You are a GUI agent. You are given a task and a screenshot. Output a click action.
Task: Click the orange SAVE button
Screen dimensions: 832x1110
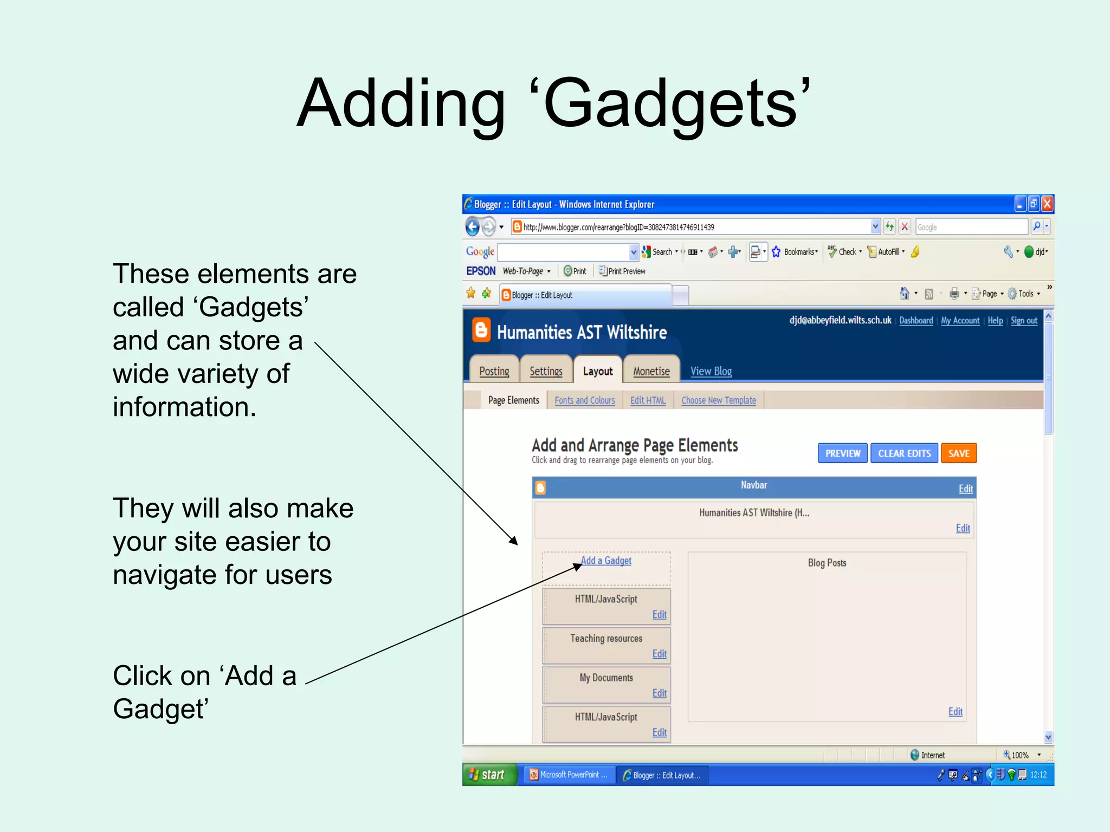coord(958,453)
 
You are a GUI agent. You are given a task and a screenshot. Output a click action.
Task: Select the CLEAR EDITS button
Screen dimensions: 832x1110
coord(904,453)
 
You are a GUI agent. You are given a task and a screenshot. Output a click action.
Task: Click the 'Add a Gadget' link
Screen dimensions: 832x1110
coord(606,561)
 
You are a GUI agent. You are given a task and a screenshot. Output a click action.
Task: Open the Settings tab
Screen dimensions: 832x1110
coord(546,371)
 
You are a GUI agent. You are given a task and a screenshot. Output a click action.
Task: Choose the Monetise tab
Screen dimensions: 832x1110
coord(651,371)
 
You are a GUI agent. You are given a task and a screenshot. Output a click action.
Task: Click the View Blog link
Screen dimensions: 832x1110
coord(711,371)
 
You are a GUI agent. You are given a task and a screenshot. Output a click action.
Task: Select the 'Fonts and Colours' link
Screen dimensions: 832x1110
coord(584,400)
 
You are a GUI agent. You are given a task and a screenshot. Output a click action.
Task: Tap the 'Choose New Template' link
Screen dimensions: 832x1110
coord(718,400)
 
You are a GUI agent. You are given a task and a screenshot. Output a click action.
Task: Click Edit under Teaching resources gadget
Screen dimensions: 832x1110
coord(659,654)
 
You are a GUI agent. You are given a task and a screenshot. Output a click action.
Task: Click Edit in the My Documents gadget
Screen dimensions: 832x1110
coord(659,693)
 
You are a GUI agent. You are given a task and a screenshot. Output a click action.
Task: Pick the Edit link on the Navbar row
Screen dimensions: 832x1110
coord(965,489)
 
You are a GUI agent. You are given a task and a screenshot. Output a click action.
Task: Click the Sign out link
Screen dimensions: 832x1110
coord(1024,321)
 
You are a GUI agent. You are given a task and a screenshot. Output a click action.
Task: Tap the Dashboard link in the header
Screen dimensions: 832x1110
coord(916,321)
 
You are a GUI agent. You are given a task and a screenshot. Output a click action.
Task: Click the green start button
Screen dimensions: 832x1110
coord(488,775)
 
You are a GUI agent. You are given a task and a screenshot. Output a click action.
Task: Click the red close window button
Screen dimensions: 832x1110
coord(1047,204)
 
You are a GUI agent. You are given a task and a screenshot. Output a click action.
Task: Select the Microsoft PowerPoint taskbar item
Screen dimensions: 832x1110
coord(569,775)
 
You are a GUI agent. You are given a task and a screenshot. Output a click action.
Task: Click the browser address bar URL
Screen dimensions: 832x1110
coord(618,227)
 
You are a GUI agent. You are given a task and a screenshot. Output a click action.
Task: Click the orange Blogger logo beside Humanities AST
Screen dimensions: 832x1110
coord(481,330)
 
